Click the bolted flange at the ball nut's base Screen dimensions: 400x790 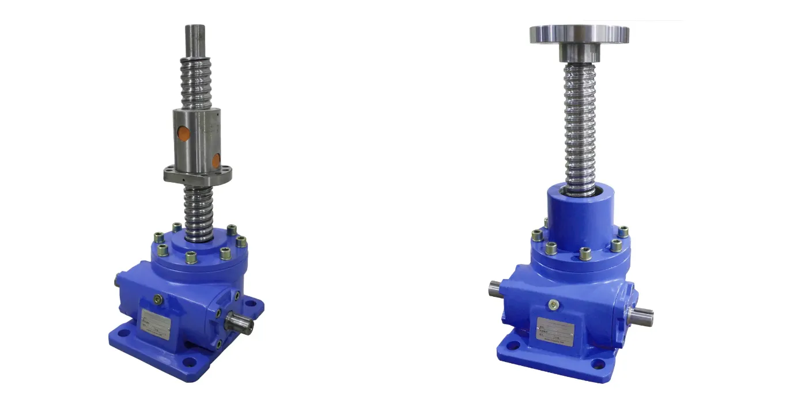point(198,172)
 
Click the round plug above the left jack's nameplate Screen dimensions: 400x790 point(157,299)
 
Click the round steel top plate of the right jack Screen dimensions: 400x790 point(579,34)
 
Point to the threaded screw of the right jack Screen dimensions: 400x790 point(580,127)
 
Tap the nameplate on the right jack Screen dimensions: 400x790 point(555,329)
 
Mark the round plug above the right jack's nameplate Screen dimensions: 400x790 point(553,305)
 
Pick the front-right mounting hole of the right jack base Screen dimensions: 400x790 point(599,364)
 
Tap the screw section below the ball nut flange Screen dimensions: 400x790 point(199,207)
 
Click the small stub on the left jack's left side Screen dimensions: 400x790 point(117,280)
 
